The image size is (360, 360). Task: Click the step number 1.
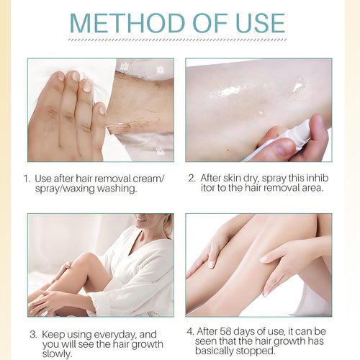pyautogui.click(x=27, y=177)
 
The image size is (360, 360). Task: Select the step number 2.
pyautogui.click(x=192, y=177)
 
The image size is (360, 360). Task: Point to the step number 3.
pyautogui.click(x=33, y=334)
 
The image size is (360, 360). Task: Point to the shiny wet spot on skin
pyautogui.click(x=230, y=91)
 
